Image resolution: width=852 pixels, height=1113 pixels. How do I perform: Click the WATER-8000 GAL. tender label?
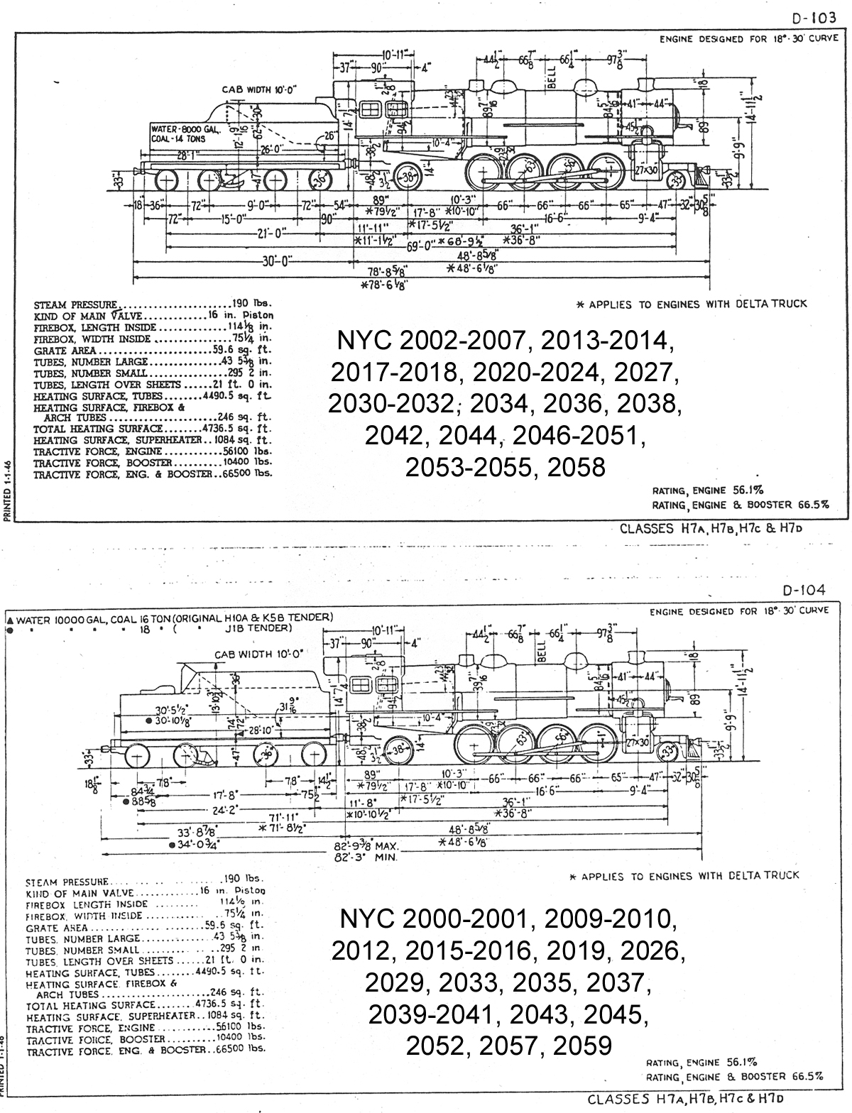186,130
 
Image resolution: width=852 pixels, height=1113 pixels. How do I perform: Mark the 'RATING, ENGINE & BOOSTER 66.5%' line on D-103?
739,505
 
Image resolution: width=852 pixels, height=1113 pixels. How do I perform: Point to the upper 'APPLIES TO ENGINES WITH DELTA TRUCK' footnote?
692,304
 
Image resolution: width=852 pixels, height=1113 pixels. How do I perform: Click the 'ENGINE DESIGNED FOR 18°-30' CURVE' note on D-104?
738,611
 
